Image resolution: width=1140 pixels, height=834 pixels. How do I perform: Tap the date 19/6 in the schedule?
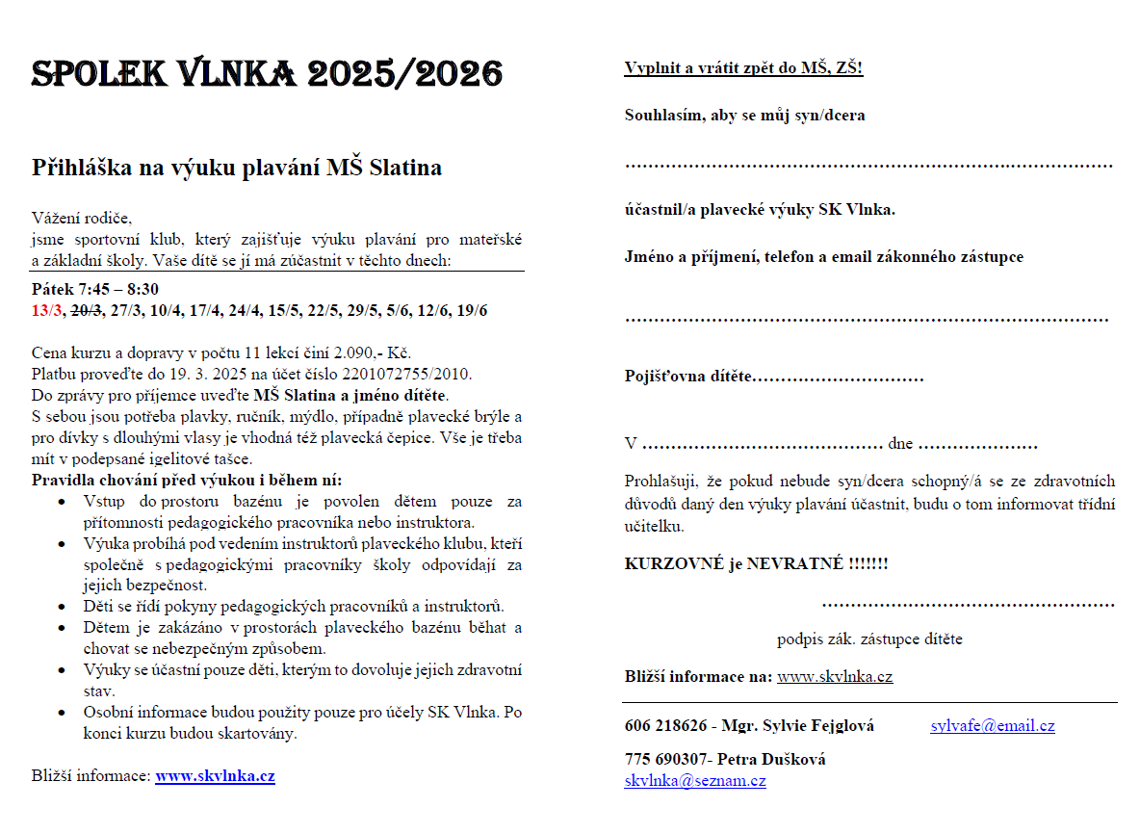[472, 310]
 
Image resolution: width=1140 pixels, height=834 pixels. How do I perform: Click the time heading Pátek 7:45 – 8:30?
[95, 289]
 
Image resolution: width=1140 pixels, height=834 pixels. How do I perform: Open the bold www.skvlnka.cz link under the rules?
[215, 776]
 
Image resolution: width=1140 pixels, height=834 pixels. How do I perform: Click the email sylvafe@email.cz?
[992, 725]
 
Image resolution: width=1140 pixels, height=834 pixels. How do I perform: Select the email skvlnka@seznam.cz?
[694, 780]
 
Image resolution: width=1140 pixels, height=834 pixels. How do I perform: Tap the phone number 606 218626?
[665, 725]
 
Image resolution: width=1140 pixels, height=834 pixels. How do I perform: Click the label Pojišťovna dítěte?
[687, 376]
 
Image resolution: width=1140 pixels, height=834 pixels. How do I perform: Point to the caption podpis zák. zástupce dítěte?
[869, 639]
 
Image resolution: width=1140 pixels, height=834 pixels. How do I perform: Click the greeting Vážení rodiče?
[81, 218]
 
